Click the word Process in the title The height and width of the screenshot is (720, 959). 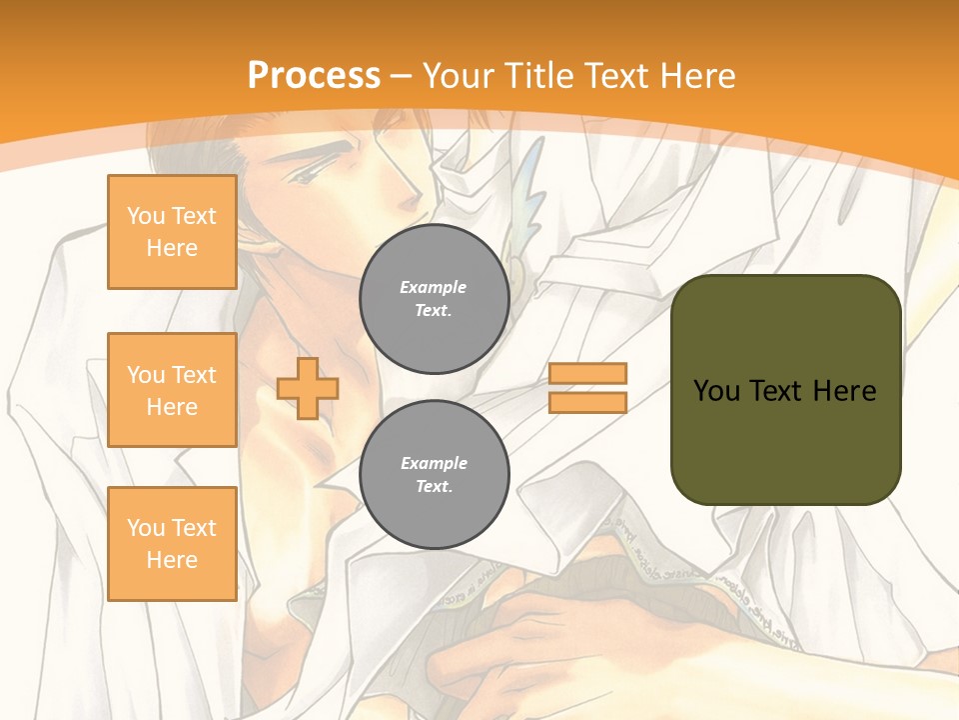(314, 76)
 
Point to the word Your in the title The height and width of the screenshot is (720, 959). (458, 76)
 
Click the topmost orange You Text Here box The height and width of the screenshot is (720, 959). (172, 232)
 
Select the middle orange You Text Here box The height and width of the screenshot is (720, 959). (172, 390)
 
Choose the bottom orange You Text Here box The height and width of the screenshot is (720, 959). (172, 544)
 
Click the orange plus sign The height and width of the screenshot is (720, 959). (308, 388)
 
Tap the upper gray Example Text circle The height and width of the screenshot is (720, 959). (434, 299)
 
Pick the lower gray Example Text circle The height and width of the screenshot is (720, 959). (434, 475)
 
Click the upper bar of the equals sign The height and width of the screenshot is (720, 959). (587, 373)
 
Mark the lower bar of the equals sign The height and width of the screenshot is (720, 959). (587, 403)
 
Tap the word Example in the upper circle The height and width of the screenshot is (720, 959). (434, 288)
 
